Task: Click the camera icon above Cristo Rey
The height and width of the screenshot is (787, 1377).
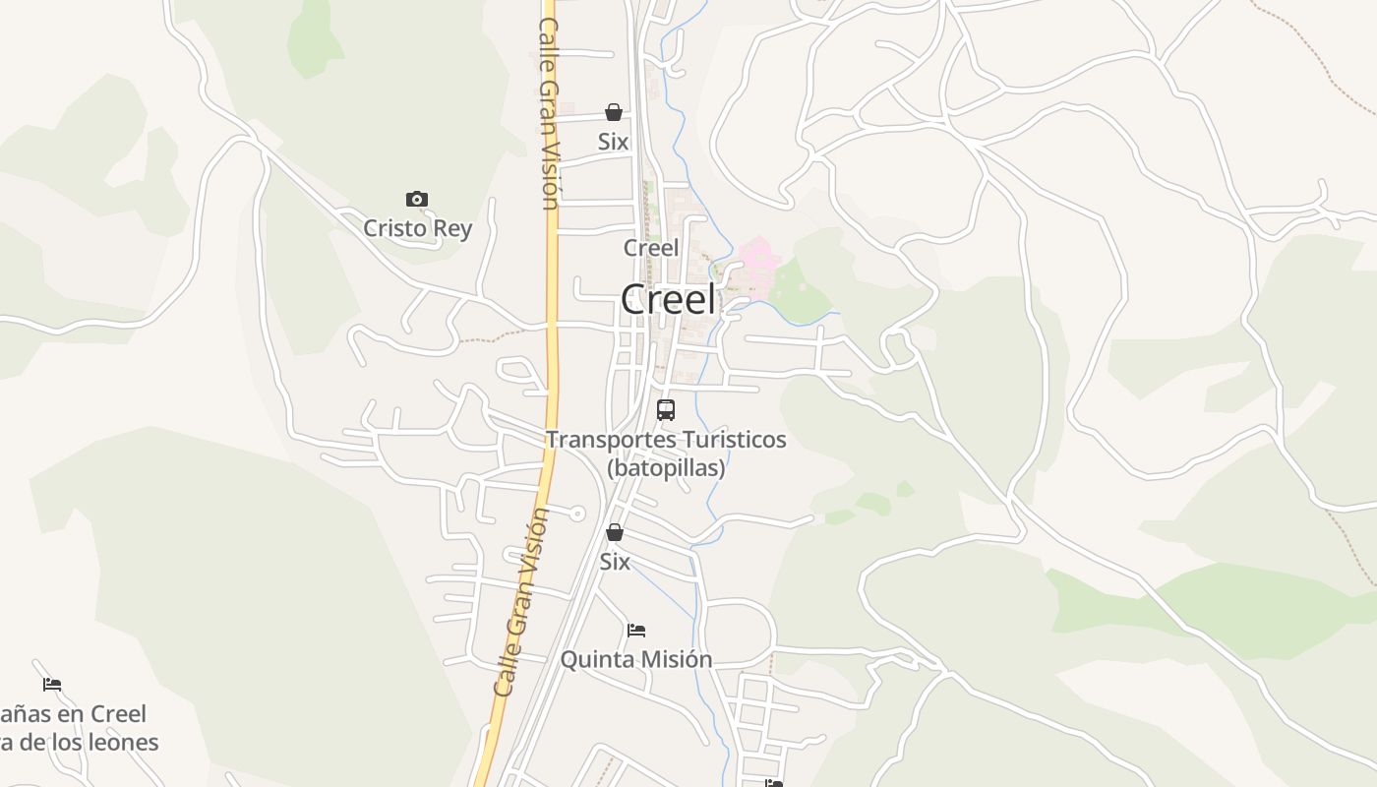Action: [x=417, y=200]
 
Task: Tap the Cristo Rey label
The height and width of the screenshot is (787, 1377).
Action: [x=417, y=228]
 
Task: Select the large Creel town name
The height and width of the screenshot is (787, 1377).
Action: [x=668, y=300]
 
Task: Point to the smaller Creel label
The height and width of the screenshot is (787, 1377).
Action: [x=651, y=248]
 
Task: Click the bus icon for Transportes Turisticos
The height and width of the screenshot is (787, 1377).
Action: [x=666, y=410]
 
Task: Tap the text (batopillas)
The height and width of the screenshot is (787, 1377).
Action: [x=666, y=467]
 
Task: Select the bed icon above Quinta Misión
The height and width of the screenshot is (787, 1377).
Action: [x=636, y=631]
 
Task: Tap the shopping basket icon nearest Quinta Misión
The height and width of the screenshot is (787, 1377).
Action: [x=615, y=533]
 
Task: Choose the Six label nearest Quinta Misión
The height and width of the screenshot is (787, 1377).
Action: [x=615, y=562]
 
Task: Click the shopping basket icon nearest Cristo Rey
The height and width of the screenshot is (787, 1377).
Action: [x=614, y=112]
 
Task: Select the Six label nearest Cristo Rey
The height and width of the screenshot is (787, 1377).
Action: [x=614, y=142]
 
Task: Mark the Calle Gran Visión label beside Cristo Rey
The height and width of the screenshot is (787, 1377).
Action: [x=548, y=113]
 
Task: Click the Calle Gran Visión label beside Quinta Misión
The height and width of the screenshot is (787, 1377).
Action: [x=521, y=602]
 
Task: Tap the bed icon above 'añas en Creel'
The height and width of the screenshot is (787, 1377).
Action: [x=52, y=685]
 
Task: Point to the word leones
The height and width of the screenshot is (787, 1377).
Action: [x=123, y=742]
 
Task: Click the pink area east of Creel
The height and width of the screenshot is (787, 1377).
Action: [x=758, y=258]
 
